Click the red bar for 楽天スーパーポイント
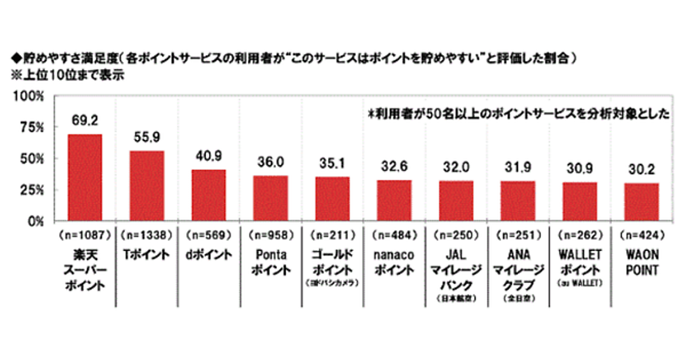85,177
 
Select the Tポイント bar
146,186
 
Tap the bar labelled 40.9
208,195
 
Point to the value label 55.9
146,138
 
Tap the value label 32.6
394,167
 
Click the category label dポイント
208,255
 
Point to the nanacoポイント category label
394,262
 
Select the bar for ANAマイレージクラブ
517,201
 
